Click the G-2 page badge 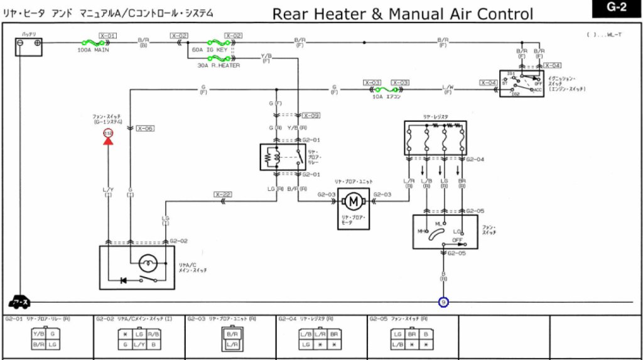pos(617,9)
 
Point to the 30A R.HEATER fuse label pos(219,65)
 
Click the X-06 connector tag pos(145,128)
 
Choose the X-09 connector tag pos(311,116)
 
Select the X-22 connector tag pos(223,194)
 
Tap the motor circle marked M pos(353,201)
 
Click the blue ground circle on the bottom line pos(443,302)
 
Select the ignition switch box pos(521,83)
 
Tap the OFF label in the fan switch pos(457,239)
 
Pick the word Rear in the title pos(294,14)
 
